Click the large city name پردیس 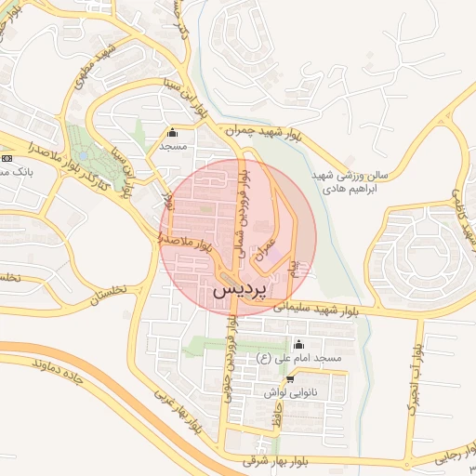click(x=239, y=289)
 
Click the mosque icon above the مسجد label click(x=172, y=132)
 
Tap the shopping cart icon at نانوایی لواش click(x=291, y=378)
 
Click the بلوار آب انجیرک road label click(x=416, y=377)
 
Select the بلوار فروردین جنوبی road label click(x=228, y=363)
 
